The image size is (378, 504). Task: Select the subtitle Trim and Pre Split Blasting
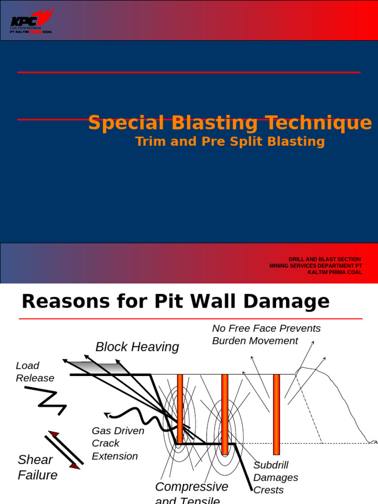[x=230, y=142]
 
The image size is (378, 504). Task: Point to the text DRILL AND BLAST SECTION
[x=324, y=259]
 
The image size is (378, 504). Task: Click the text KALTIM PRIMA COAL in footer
[x=335, y=272]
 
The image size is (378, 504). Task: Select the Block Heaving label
[x=137, y=347]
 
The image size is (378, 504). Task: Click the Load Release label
[x=34, y=372]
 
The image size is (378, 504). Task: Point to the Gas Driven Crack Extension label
[x=118, y=443]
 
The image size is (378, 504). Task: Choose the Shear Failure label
[x=37, y=467]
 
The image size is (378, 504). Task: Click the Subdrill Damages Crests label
[x=275, y=477]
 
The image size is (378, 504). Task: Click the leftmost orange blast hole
[x=180, y=409]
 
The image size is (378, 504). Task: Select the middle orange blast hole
[x=224, y=413]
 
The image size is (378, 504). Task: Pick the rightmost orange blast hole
[x=276, y=413]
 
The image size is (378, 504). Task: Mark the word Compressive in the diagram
[x=191, y=487]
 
